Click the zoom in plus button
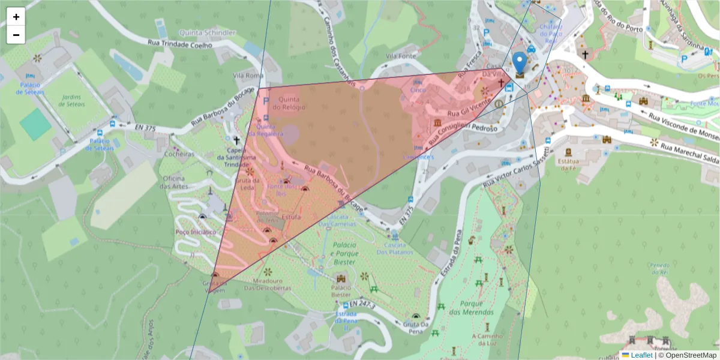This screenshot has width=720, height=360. click(x=16, y=17)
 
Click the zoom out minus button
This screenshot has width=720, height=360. click(x=16, y=35)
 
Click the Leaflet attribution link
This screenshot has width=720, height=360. click(x=641, y=355)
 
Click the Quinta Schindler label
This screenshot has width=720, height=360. click(x=207, y=32)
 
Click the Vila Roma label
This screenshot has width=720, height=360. click(x=248, y=76)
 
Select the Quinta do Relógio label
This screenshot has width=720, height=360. click(x=285, y=103)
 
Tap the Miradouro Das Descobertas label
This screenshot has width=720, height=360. click(x=268, y=284)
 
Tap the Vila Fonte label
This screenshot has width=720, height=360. click(x=401, y=56)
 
